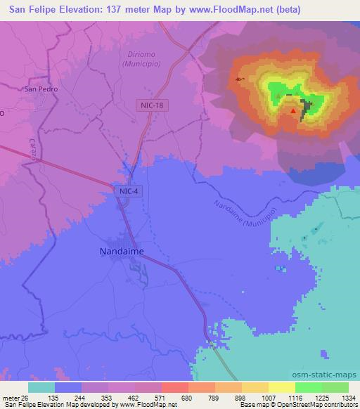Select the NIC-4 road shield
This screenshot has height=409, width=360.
(128, 190)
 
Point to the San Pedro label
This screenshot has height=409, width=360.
(41, 89)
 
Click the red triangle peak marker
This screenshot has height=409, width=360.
(293, 110)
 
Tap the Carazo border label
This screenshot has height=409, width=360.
(33, 149)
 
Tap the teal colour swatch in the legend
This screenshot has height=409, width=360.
(41, 387)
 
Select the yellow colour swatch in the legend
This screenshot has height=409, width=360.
(281, 387)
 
